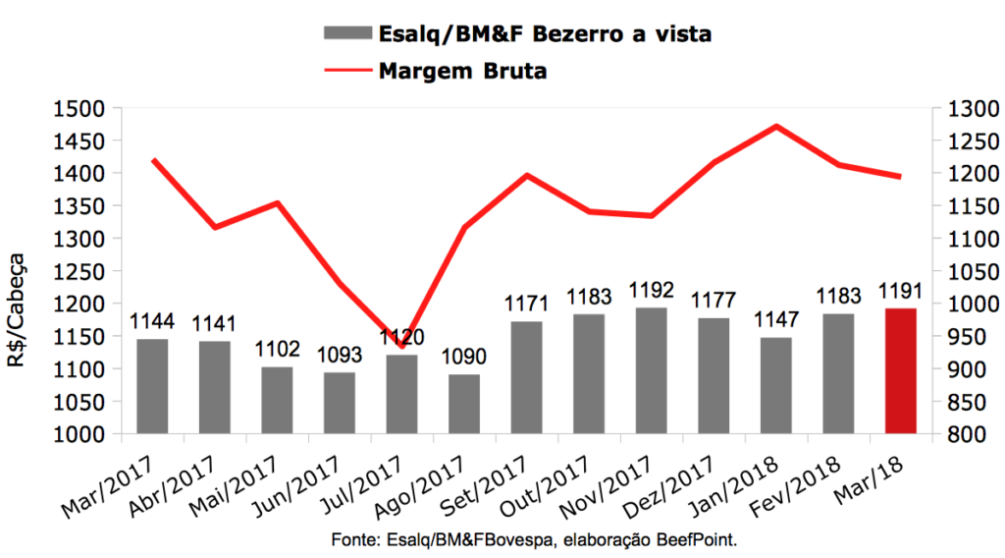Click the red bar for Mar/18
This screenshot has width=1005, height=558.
(900, 370)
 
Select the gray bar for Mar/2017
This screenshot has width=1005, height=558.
(152, 386)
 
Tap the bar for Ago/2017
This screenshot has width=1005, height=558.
(464, 404)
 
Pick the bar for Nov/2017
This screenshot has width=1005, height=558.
(651, 370)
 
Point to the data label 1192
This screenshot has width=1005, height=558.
(651, 292)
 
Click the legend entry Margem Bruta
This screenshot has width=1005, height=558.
(461, 71)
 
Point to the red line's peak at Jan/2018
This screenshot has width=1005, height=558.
(776, 126)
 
